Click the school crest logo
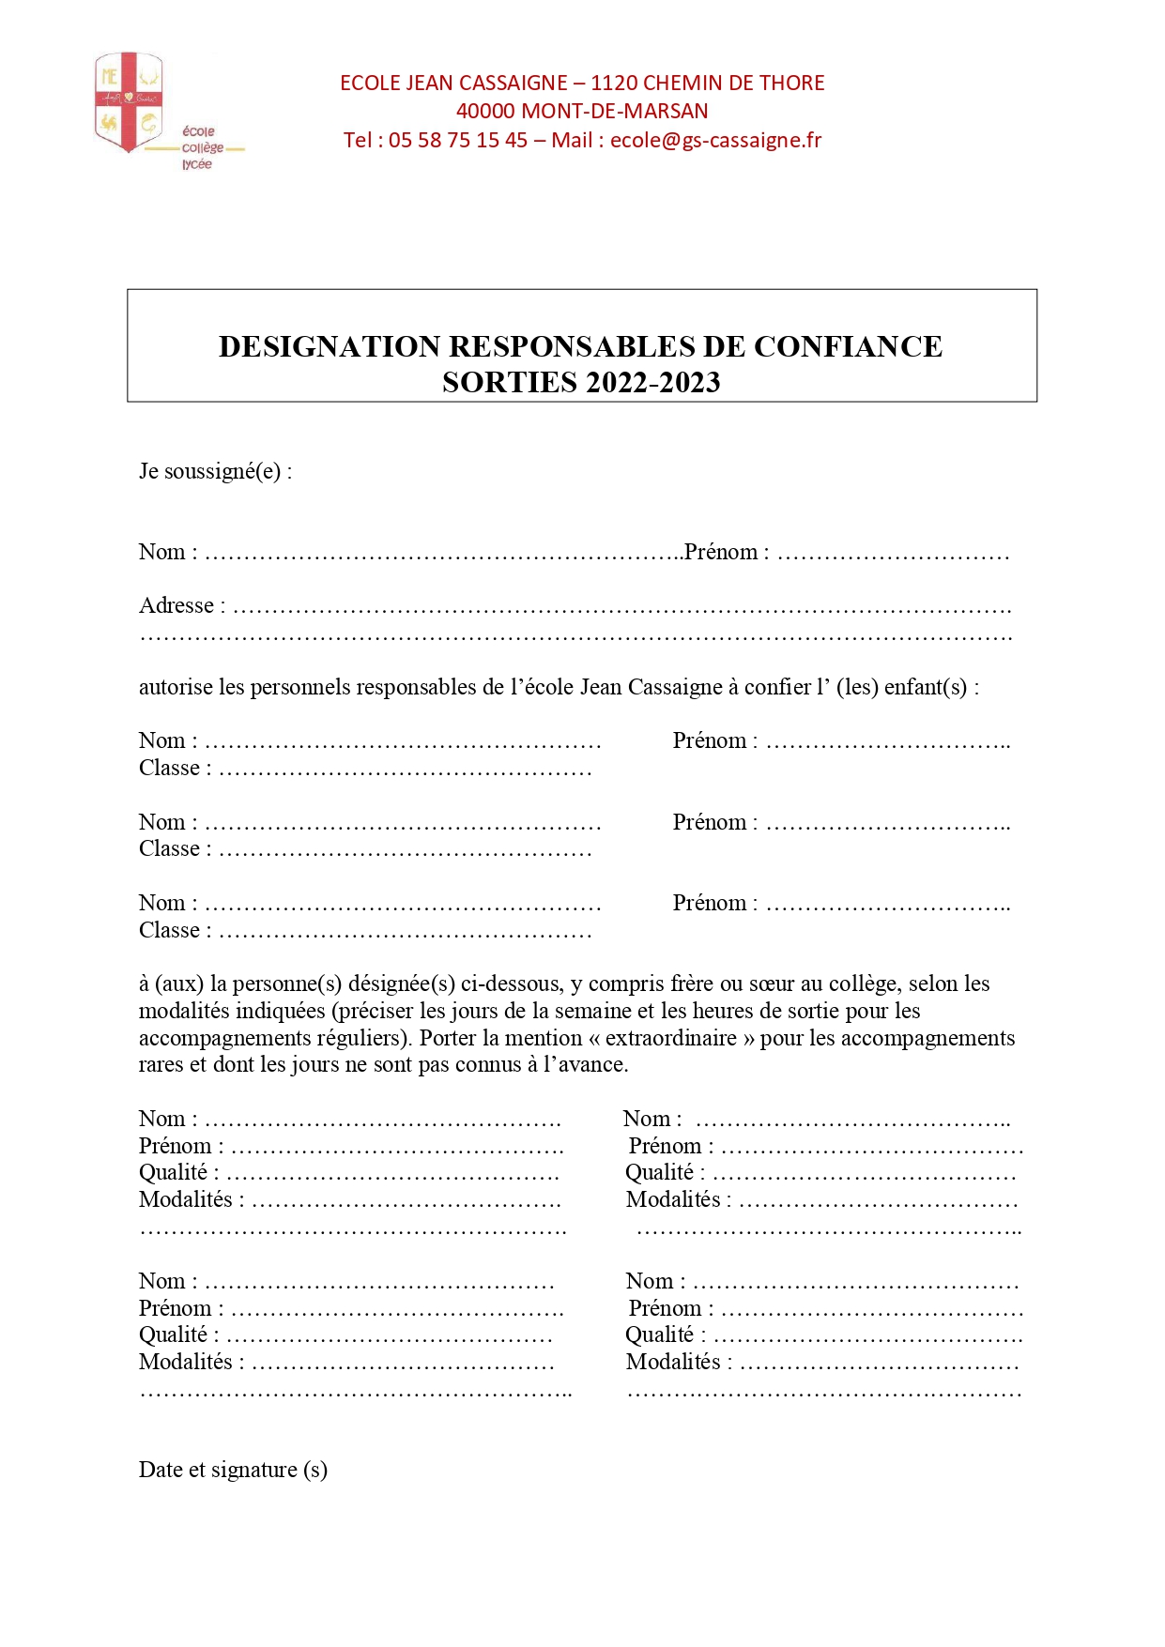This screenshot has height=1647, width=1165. tap(129, 101)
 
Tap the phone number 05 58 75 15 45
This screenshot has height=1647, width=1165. tap(458, 141)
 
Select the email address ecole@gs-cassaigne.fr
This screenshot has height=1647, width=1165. tap(715, 141)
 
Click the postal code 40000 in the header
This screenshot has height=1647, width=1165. tap(485, 112)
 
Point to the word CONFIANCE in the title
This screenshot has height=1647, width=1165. tap(848, 346)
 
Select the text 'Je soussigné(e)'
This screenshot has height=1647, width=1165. tap(210, 471)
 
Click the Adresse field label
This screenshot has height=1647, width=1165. tap(176, 606)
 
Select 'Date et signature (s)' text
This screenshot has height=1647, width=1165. tap(233, 1470)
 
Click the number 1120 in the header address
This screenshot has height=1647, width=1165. tap(614, 84)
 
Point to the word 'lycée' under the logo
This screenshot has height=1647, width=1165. tap(197, 164)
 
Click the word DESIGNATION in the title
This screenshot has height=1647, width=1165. tap(330, 346)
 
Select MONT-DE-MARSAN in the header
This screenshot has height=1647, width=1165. tap(615, 112)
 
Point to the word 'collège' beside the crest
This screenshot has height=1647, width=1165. tap(203, 148)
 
